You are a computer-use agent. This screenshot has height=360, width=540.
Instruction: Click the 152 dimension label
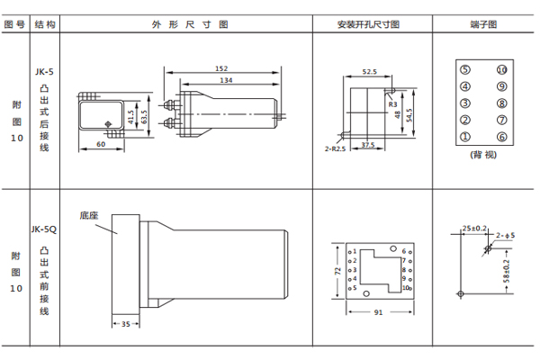221,68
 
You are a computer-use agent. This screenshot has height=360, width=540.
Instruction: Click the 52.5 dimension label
369,71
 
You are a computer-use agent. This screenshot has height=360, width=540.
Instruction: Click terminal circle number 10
501,70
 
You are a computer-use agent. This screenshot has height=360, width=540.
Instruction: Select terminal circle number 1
465,136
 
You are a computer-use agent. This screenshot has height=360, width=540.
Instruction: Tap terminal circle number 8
501,103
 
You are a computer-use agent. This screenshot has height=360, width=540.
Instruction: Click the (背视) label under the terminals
483,154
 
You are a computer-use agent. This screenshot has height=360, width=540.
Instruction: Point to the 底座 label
89,215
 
